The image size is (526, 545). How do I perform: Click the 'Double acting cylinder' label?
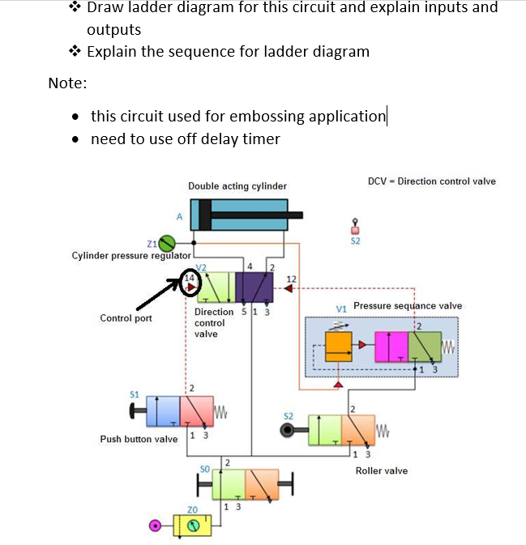(x=237, y=186)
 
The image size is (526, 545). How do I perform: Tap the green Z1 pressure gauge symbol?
(x=167, y=242)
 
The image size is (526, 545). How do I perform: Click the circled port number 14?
(x=189, y=280)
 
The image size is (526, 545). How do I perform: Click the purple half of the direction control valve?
(x=254, y=287)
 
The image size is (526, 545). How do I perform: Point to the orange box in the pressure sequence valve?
(x=340, y=347)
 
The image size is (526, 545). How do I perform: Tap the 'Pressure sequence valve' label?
(x=408, y=306)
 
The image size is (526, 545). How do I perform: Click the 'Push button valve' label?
(x=139, y=439)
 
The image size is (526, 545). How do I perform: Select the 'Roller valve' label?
(x=382, y=470)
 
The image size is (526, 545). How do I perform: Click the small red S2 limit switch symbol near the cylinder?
(x=354, y=228)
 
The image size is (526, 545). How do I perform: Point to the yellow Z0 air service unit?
(x=193, y=526)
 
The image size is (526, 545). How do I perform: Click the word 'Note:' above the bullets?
(x=67, y=83)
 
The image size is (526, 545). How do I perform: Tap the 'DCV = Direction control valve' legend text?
(x=431, y=181)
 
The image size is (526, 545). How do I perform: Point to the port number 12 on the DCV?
(x=292, y=279)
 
